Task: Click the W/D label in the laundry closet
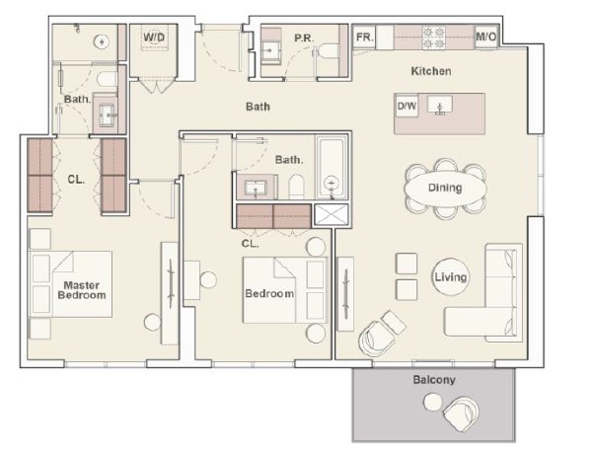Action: point(154,38)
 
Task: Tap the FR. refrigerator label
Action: point(365,38)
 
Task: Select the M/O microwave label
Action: point(486,37)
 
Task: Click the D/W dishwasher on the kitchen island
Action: point(407,106)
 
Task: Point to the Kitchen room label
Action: point(431,71)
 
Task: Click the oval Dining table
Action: point(446,188)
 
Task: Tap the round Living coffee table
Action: point(450,277)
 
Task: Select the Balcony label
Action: point(434,379)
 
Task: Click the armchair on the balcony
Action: point(462,414)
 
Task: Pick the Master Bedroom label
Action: point(82,290)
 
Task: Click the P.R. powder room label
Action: point(304,38)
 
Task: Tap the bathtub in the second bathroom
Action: point(332,167)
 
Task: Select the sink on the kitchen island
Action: point(440,104)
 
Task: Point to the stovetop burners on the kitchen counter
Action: point(433,38)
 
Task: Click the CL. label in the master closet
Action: point(76,180)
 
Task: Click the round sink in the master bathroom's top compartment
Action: point(102,41)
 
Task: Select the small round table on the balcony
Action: point(432,402)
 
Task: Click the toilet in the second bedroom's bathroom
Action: point(296,187)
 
